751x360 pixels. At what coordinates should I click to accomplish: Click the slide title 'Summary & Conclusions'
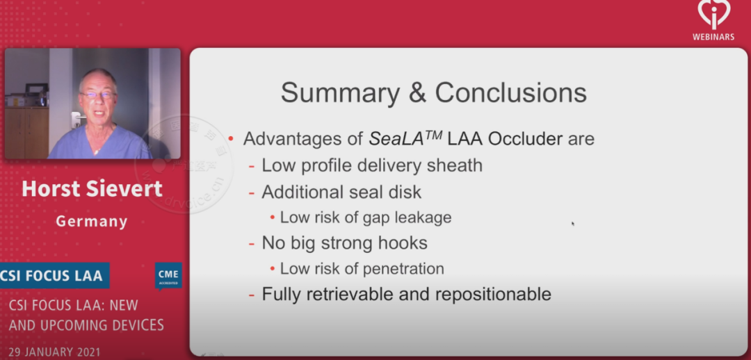433,92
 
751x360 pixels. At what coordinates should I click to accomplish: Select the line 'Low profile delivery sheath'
372,165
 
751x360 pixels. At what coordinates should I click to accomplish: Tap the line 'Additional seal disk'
341,192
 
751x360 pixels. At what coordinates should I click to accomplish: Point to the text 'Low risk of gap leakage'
366,218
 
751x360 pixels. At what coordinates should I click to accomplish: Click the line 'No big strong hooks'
344,243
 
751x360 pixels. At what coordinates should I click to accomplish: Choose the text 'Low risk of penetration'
362,268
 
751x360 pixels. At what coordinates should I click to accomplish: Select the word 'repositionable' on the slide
493,294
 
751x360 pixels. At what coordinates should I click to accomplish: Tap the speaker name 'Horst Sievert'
92,188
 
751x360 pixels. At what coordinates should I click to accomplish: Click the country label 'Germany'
92,222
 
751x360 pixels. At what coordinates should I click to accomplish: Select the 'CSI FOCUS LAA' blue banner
51,276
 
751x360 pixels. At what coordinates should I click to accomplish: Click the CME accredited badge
168,276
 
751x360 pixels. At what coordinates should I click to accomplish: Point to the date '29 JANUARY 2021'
54,352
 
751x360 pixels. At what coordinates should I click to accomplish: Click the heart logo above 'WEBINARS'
713,14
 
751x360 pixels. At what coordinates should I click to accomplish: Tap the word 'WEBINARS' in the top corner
713,37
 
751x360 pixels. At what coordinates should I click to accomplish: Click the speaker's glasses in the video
97,95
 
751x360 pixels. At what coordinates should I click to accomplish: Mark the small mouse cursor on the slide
572,224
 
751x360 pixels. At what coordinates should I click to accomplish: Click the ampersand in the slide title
417,92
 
